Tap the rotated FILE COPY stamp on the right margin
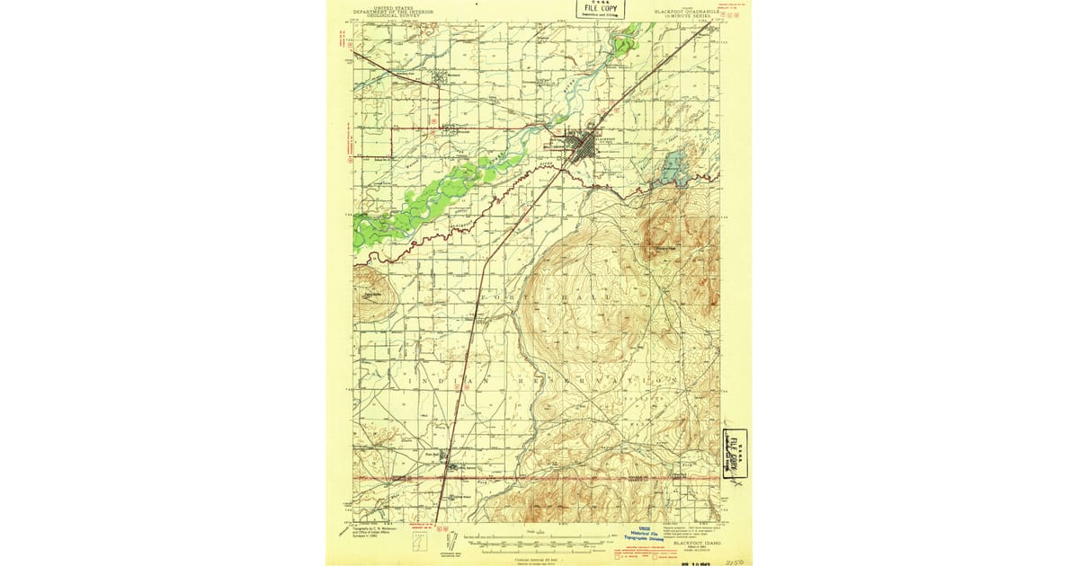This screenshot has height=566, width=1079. [x=736, y=453]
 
